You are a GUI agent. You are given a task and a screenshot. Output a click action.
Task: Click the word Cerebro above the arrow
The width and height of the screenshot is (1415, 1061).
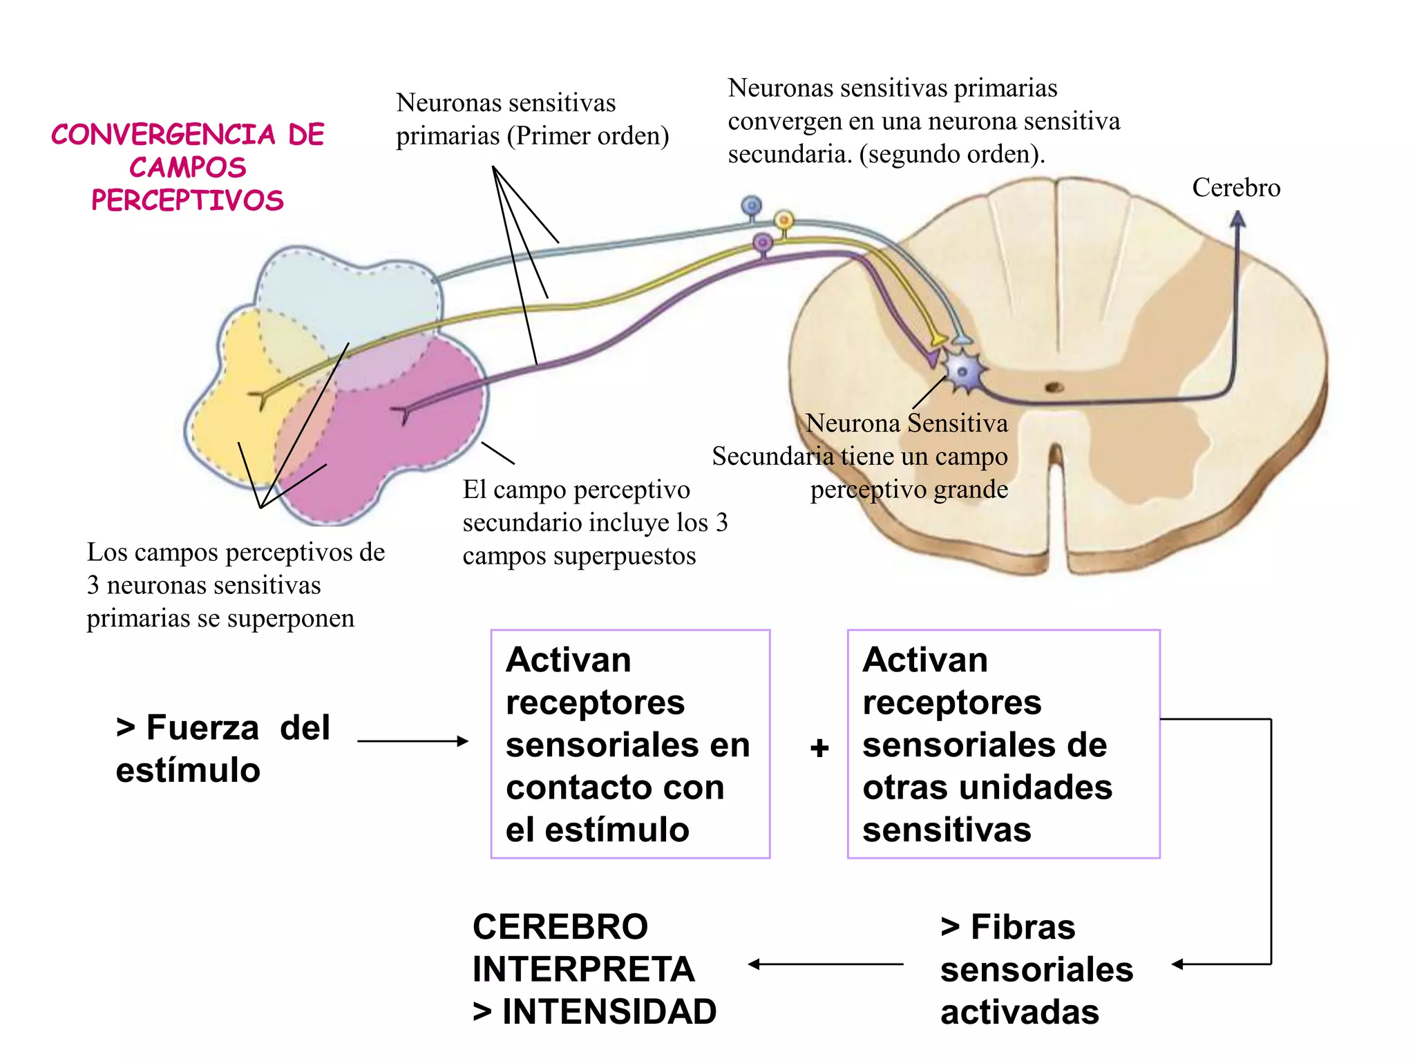coord(1235,188)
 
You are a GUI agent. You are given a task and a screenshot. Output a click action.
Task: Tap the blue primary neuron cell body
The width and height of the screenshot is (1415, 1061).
coord(751,206)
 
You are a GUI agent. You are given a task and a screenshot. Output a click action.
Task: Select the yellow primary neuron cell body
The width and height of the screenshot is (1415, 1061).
coord(784,220)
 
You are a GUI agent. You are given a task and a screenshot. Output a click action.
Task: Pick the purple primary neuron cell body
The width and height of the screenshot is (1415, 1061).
coord(763,242)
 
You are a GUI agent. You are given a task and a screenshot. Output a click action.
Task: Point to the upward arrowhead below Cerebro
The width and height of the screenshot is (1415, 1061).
coord(1237,220)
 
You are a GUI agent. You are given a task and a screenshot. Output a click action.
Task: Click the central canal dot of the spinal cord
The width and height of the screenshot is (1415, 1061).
coord(1054,388)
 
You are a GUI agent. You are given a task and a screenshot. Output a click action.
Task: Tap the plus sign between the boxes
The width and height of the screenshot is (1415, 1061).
coord(819,747)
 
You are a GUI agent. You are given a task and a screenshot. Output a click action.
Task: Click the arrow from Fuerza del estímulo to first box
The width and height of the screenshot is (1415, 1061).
coord(412,741)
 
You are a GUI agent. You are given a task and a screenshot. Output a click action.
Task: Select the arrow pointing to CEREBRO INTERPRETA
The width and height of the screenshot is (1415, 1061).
coord(826,964)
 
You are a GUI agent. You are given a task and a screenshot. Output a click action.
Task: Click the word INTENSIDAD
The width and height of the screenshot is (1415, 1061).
coord(609,1012)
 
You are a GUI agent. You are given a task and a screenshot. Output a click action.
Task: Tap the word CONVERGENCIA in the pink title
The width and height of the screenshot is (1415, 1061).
coord(163,135)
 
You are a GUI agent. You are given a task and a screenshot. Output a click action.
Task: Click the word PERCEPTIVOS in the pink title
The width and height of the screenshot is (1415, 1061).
coord(187,200)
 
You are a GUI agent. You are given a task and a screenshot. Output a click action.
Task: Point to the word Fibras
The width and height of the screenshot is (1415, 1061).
coord(1023,927)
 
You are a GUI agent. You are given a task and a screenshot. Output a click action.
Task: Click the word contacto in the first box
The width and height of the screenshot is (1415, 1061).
coord(571,787)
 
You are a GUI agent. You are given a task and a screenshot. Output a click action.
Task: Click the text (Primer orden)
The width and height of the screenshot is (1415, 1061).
coord(588,136)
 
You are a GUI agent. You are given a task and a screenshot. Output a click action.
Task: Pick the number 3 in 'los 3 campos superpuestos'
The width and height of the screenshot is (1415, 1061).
coord(721,523)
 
